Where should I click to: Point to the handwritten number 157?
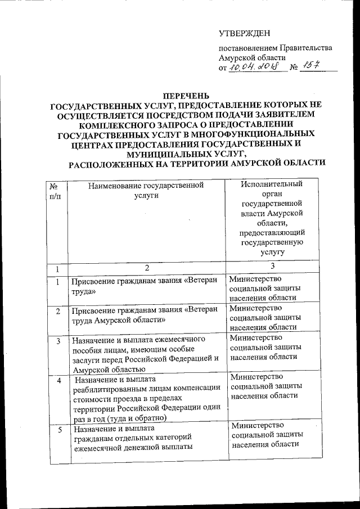coord(308,66)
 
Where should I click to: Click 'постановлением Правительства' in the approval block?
coord(275,48)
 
